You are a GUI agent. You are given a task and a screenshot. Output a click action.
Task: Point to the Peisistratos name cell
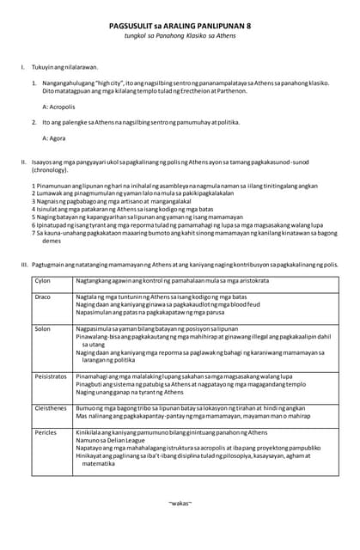click(51, 376)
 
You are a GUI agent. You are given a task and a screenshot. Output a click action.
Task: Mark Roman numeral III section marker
click(24, 264)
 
